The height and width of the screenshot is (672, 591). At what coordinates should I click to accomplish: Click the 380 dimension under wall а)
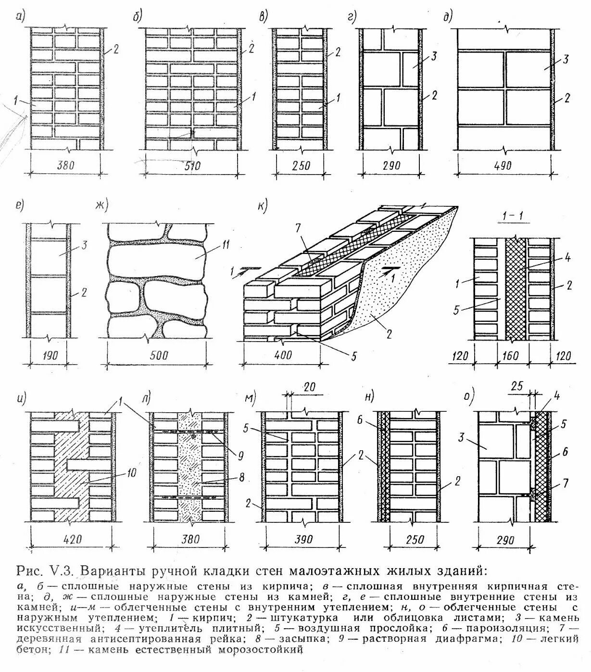pyautogui.click(x=66, y=165)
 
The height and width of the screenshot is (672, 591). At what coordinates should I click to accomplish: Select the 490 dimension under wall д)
pyautogui.click(x=503, y=166)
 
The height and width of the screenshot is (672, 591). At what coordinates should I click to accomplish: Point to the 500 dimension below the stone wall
pyautogui.click(x=158, y=355)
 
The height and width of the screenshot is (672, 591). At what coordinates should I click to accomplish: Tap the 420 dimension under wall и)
pyautogui.click(x=72, y=539)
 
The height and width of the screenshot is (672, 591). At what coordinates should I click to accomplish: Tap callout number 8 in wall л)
pyautogui.click(x=241, y=478)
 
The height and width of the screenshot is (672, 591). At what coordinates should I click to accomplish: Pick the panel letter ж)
pyautogui.click(x=102, y=206)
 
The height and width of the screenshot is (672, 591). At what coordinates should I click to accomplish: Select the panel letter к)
pyautogui.click(x=262, y=205)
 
